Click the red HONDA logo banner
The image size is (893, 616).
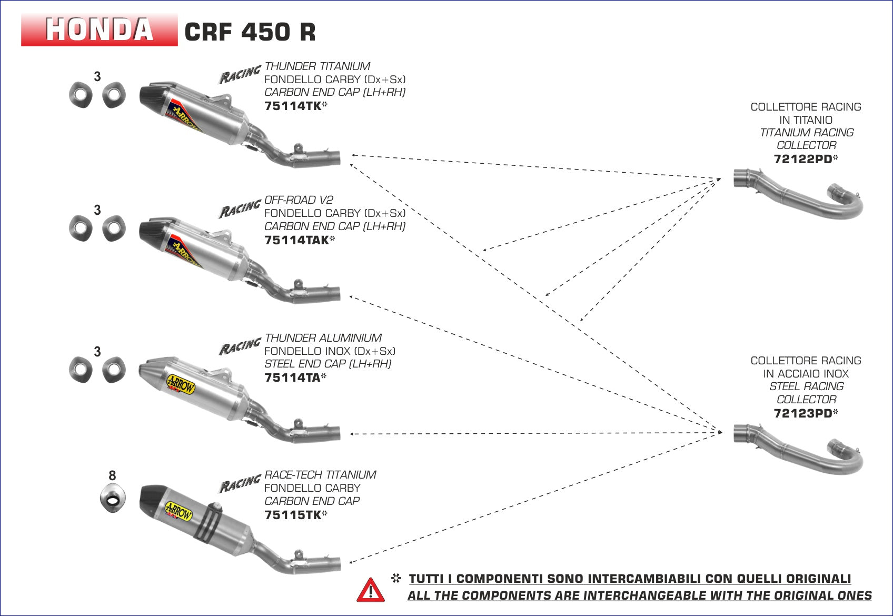tap(99, 30)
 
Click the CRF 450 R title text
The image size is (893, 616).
tap(250, 32)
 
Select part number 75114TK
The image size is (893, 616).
tap(293, 106)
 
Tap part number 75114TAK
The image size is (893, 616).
tap(297, 240)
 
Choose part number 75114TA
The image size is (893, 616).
tap(293, 377)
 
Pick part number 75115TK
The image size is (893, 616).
tap(293, 515)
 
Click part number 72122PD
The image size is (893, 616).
tap(803, 159)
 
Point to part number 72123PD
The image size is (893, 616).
tap(803, 413)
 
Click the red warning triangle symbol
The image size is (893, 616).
tap(370, 590)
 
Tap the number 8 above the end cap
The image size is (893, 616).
tap(112, 476)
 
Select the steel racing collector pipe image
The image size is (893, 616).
tap(798, 448)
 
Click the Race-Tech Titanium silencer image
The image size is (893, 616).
tap(211, 526)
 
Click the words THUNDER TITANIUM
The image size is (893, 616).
tap(317, 66)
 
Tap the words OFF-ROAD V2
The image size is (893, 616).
tap(299, 200)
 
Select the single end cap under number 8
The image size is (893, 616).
tap(113, 498)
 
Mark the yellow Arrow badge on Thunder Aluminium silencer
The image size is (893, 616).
tap(181, 384)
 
